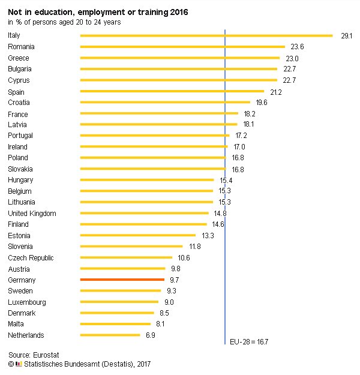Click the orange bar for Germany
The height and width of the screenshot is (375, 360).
[122, 280]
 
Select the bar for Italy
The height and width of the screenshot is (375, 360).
[206, 35]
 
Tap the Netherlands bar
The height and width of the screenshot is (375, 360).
[110, 335]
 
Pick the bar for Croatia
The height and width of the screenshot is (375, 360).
[165, 103]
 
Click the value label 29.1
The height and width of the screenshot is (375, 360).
[346, 36]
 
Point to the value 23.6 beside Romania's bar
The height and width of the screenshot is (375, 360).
[298, 47]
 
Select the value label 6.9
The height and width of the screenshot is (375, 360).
[150, 335]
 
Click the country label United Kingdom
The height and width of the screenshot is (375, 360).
[32, 214]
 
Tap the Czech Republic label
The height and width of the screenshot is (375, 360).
[31, 258]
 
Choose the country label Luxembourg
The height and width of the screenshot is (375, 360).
[26, 302]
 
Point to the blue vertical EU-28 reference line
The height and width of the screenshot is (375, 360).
[224, 180]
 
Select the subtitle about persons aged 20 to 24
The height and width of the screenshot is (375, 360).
[64, 22]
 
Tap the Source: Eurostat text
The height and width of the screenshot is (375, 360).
[34, 355]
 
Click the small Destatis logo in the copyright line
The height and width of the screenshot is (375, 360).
[19, 364]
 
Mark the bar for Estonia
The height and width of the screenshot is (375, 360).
[137, 235]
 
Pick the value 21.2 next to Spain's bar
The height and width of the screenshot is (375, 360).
[276, 92]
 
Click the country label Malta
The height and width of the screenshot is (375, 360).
[17, 324]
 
